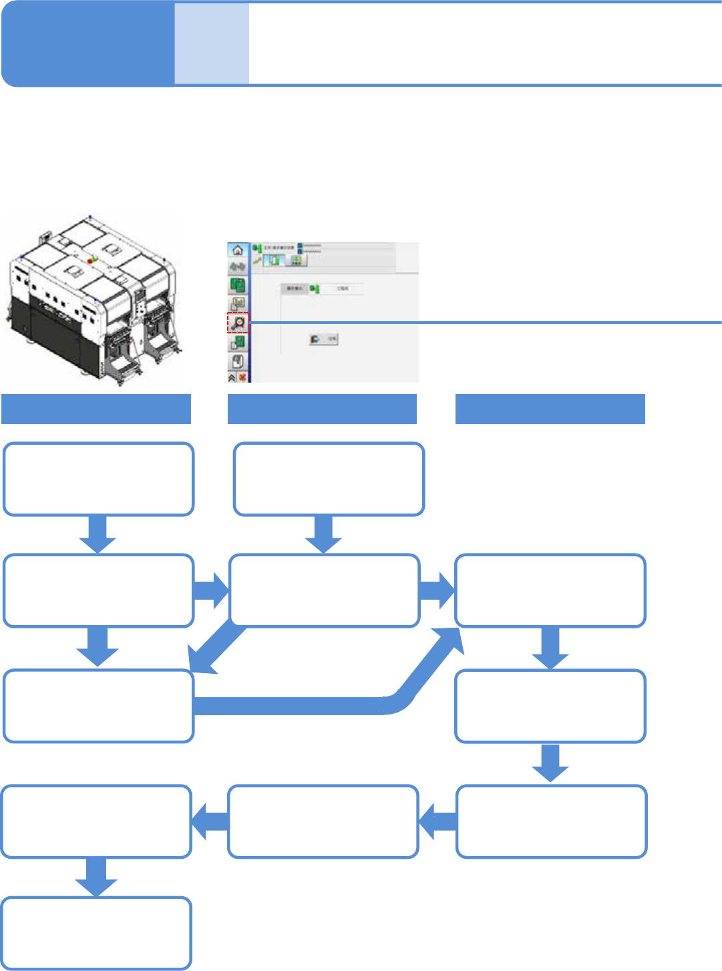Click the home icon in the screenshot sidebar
click(237, 250)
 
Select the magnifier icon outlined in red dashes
click(238, 323)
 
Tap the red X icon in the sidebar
click(242, 377)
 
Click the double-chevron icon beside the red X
click(232, 377)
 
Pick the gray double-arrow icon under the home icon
click(237, 267)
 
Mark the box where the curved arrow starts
click(98, 707)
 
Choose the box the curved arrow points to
click(550, 590)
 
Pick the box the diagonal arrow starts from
click(324, 590)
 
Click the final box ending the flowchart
click(96, 933)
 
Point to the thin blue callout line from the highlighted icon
click(481, 323)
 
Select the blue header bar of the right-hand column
click(550, 409)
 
